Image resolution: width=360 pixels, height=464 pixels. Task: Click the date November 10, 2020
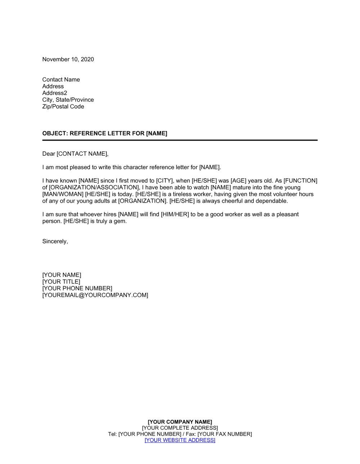point(68,59)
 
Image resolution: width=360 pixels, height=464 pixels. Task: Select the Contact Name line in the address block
point(61,79)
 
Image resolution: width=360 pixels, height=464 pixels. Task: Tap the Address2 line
point(55,93)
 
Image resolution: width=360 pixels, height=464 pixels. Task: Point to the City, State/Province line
point(68,100)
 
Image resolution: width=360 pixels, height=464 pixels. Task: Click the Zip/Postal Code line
point(63,106)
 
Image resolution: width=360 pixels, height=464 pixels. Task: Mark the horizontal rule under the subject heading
point(180,140)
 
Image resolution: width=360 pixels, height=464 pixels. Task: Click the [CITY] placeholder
point(164,181)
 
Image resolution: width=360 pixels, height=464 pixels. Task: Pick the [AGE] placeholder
point(238,181)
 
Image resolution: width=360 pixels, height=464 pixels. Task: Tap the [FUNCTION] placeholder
point(301,181)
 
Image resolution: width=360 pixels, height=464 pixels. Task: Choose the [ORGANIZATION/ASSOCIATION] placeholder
point(94,187)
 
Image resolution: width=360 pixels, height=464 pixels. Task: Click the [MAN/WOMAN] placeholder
point(63,194)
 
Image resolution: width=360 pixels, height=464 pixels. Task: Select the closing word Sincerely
point(54,241)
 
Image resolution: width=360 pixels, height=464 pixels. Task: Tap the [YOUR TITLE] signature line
point(61,282)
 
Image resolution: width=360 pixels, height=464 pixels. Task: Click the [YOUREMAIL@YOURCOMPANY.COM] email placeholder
point(95,295)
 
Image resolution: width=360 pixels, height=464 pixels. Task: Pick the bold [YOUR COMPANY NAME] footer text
point(180,422)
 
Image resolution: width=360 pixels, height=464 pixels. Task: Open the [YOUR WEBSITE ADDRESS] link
point(180,440)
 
